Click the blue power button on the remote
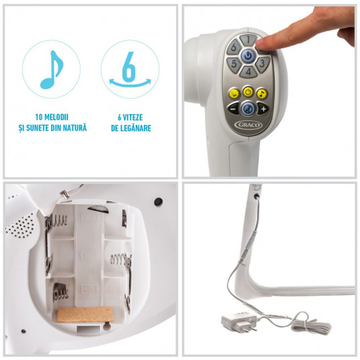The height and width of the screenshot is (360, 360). [248, 56]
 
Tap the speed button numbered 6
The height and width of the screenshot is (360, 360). [234, 47]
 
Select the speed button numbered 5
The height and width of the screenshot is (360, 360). [234, 64]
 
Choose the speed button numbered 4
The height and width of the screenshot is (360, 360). [249, 71]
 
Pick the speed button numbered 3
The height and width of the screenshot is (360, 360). [262, 64]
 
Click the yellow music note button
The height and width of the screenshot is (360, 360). [262, 93]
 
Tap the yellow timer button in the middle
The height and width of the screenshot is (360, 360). [249, 92]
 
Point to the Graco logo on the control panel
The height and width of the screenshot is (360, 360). [248, 125]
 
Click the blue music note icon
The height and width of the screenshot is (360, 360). [52, 70]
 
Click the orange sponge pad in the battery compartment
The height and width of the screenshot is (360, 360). [85, 314]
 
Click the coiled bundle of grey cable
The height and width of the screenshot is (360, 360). [310, 324]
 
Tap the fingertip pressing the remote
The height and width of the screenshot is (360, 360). [262, 43]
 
